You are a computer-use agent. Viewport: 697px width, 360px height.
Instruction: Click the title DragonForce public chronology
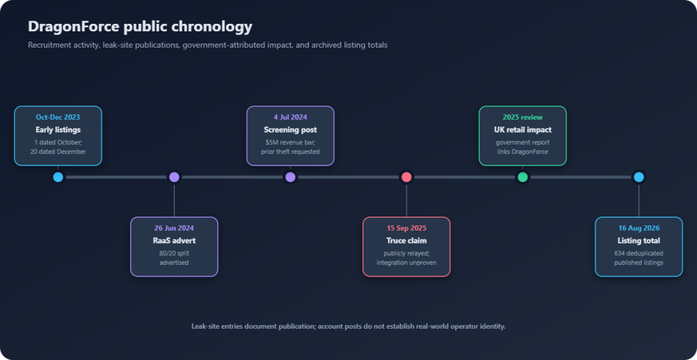click(140, 27)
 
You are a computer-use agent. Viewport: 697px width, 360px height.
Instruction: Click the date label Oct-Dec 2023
click(58, 117)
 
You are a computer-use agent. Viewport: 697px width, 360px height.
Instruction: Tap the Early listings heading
click(58, 130)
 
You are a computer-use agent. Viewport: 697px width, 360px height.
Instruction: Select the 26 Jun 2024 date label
click(174, 228)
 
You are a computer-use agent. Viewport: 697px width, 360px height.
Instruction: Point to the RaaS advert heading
click(174, 240)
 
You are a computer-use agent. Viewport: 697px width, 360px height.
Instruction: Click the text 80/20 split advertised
click(174, 258)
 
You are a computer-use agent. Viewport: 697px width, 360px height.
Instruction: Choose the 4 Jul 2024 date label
click(290, 117)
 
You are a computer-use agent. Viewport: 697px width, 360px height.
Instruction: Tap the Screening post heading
click(290, 130)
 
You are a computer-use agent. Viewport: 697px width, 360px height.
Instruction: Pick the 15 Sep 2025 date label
click(406, 228)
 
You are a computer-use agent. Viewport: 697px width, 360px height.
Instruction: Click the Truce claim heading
click(406, 240)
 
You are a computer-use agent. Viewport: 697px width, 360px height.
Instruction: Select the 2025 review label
click(523, 117)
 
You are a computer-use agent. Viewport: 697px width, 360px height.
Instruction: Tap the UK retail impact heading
click(523, 130)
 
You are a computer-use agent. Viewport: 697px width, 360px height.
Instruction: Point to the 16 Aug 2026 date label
click(638, 228)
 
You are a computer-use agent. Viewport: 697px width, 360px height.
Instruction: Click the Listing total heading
click(638, 240)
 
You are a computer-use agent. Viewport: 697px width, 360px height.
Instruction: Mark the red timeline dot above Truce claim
click(406, 177)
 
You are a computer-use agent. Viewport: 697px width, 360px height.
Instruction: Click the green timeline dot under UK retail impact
click(523, 177)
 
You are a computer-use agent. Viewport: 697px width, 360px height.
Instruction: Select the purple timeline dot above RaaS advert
click(174, 177)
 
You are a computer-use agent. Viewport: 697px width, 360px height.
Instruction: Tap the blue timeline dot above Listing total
click(638, 177)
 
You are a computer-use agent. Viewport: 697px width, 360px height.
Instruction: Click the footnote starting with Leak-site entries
click(348, 326)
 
